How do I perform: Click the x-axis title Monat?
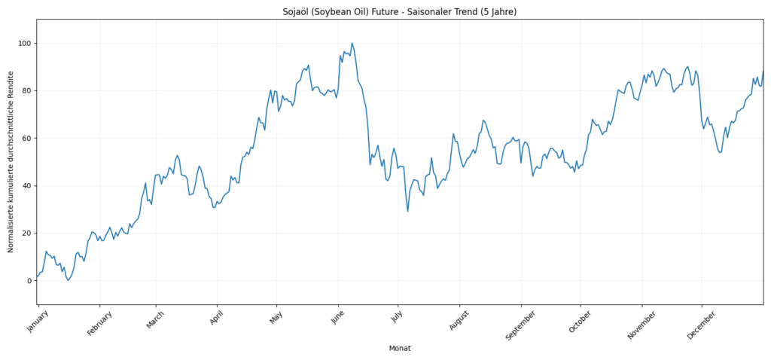coord(399,348)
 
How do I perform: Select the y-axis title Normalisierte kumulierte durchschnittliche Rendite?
coord(11,162)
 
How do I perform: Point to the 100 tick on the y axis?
coord(24,44)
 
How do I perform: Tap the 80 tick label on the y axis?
coord(26,91)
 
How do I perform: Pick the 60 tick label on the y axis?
coord(26,139)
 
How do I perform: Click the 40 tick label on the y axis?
coord(26,186)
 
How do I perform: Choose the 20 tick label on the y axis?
coord(26,233)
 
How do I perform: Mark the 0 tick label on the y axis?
coord(29,281)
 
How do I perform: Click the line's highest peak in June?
coord(352,44)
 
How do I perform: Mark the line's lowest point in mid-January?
coord(68,280)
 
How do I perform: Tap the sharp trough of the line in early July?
coord(407,211)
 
